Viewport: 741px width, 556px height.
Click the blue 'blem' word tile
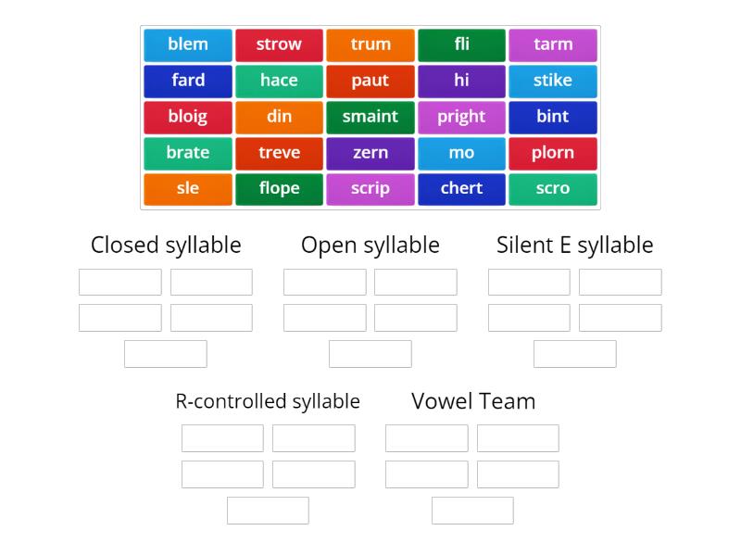(x=188, y=44)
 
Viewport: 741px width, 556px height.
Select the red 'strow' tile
(x=279, y=44)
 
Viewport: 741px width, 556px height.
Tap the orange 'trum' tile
(x=370, y=44)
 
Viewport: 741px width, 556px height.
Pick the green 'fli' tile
(x=461, y=44)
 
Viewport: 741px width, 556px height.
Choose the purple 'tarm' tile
(x=553, y=44)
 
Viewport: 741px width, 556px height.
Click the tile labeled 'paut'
(x=370, y=81)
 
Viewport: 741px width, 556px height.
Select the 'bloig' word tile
(x=188, y=117)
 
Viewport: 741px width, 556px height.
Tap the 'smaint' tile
(x=370, y=117)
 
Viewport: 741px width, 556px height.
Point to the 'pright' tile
(x=461, y=117)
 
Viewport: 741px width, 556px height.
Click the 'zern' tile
(x=370, y=153)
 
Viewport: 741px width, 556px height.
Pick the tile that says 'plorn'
(x=553, y=153)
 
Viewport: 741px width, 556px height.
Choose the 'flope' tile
(x=279, y=189)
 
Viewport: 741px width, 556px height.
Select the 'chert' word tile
(x=461, y=189)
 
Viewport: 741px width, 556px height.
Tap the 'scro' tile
(x=553, y=189)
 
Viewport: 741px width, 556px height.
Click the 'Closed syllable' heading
(x=166, y=246)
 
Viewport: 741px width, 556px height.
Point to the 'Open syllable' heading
(x=370, y=246)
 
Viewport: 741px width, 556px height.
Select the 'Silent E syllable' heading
(x=574, y=246)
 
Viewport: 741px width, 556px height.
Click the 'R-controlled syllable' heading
(x=268, y=401)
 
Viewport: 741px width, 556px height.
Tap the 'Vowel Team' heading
(x=473, y=401)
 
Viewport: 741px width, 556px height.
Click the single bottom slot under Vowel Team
(x=472, y=511)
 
